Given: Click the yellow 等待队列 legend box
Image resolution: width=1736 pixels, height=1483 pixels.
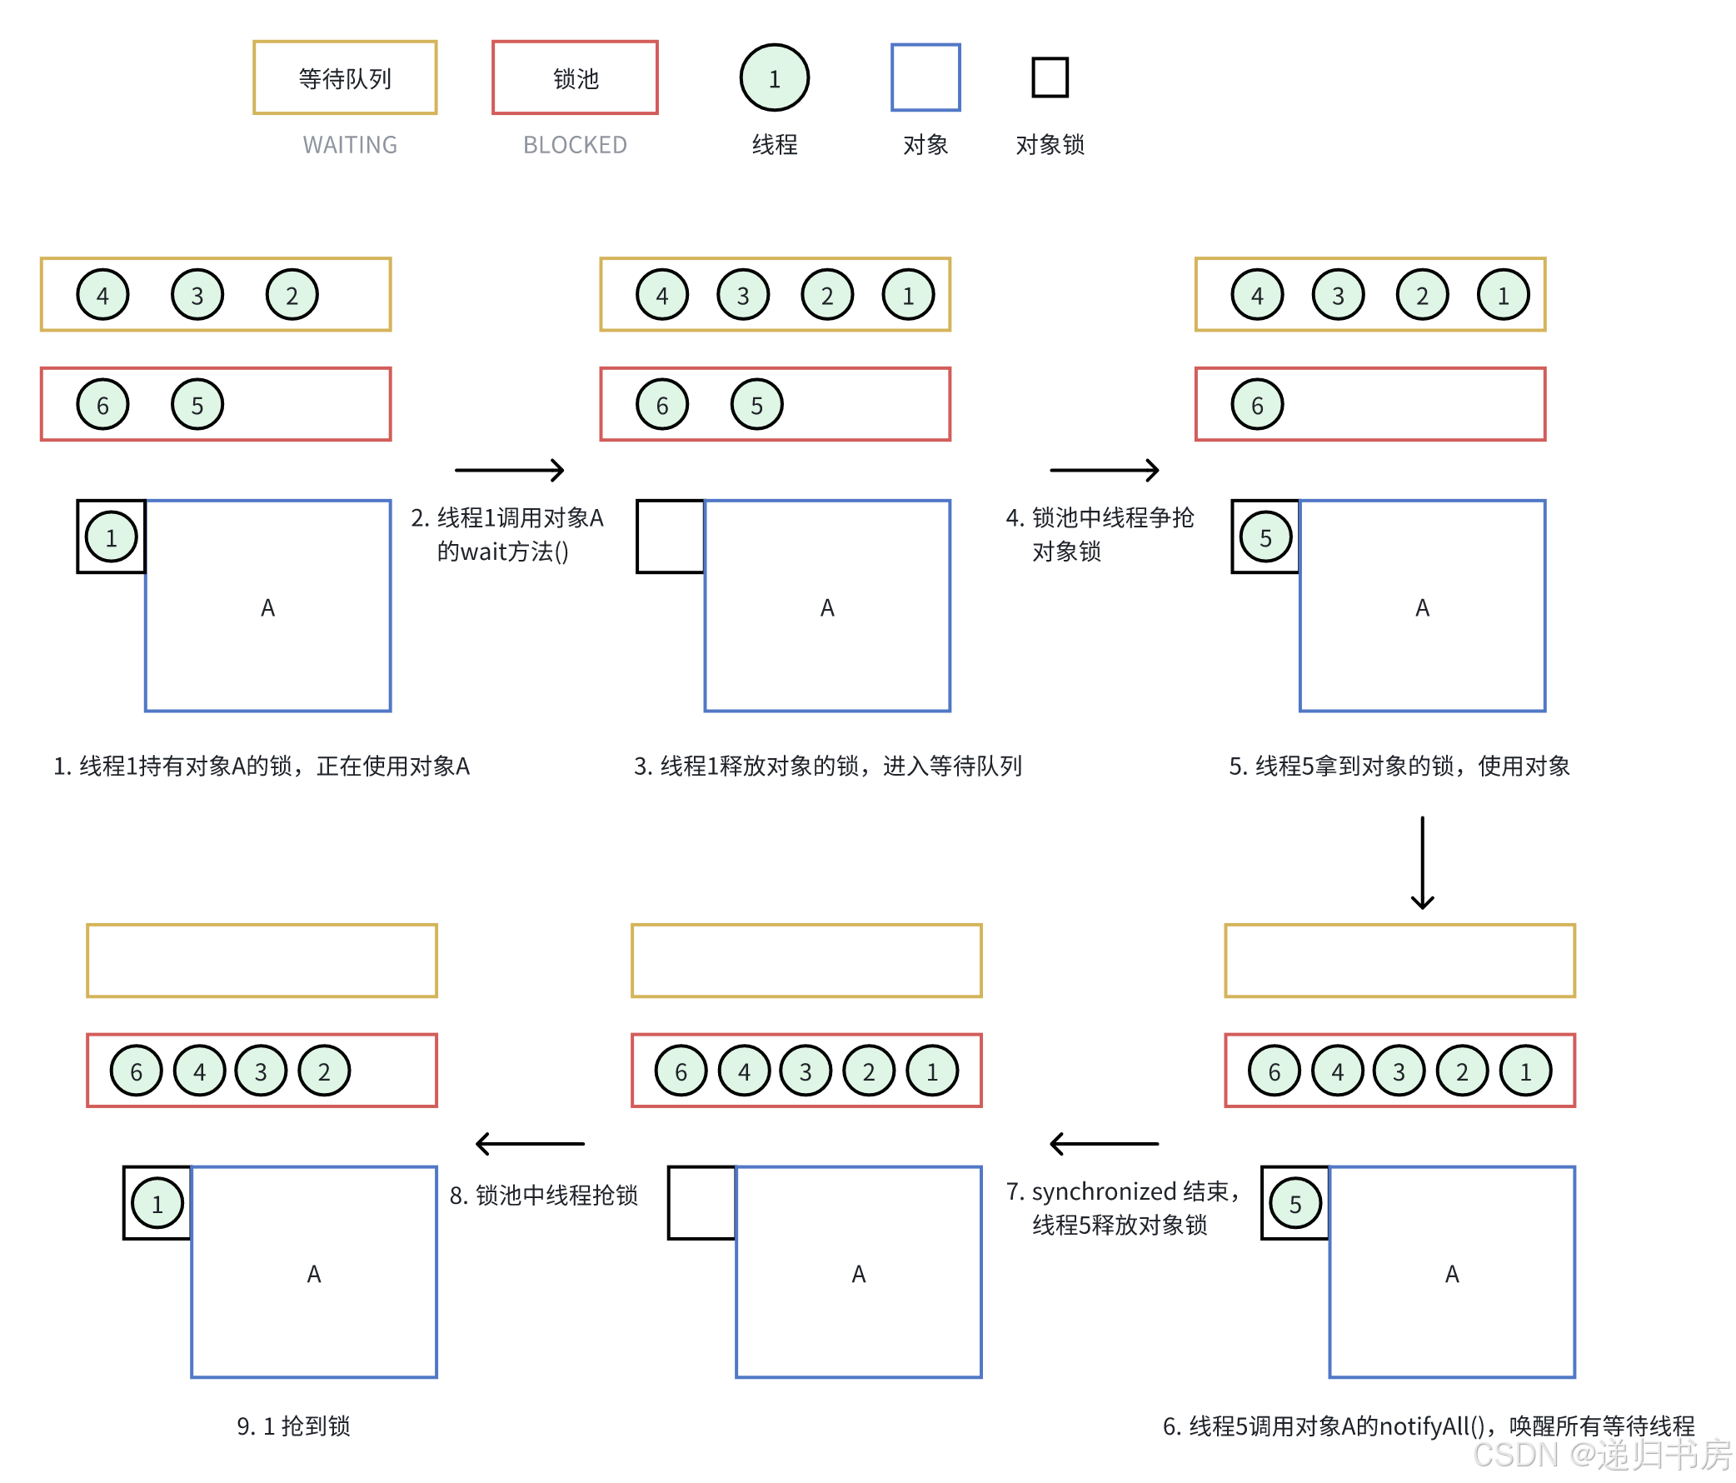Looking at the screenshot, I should [x=344, y=78].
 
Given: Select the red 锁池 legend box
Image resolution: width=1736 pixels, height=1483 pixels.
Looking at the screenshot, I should [x=575, y=78].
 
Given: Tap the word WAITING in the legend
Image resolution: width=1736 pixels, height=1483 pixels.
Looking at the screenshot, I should [x=349, y=145].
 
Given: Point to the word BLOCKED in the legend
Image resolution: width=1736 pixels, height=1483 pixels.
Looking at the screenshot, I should [x=575, y=145].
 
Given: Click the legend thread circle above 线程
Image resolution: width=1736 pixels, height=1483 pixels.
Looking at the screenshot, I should [x=774, y=78].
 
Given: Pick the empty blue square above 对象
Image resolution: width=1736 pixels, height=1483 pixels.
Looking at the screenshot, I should [x=925, y=77].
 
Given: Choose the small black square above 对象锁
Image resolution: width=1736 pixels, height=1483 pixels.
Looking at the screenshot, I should [x=1049, y=77].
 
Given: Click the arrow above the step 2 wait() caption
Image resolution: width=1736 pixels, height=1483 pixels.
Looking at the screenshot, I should [x=510, y=470].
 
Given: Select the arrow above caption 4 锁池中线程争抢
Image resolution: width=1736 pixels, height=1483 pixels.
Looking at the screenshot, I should [x=1105, y=470].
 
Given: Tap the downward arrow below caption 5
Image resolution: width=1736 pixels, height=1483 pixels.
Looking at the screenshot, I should [x=1422, y=863].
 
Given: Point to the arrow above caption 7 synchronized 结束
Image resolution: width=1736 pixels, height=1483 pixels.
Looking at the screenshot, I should [x=1105, y=1143].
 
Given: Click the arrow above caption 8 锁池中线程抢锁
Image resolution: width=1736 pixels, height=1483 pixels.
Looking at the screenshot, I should [x=530, y=1143].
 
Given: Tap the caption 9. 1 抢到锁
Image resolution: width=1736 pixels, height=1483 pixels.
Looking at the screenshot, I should [x=293, y=1426].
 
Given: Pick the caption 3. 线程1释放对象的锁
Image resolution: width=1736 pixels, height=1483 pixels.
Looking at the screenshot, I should [x=827, y=766].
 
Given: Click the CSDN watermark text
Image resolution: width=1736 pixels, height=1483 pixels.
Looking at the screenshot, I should [x=1600, y=1456].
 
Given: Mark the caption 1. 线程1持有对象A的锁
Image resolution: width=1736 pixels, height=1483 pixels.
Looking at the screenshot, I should [x=262, y=766].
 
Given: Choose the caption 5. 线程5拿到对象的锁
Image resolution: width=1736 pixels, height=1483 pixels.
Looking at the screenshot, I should [x=1399, y=766].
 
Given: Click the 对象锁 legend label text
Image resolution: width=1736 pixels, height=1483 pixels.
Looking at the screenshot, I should [x=1049, y=145].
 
